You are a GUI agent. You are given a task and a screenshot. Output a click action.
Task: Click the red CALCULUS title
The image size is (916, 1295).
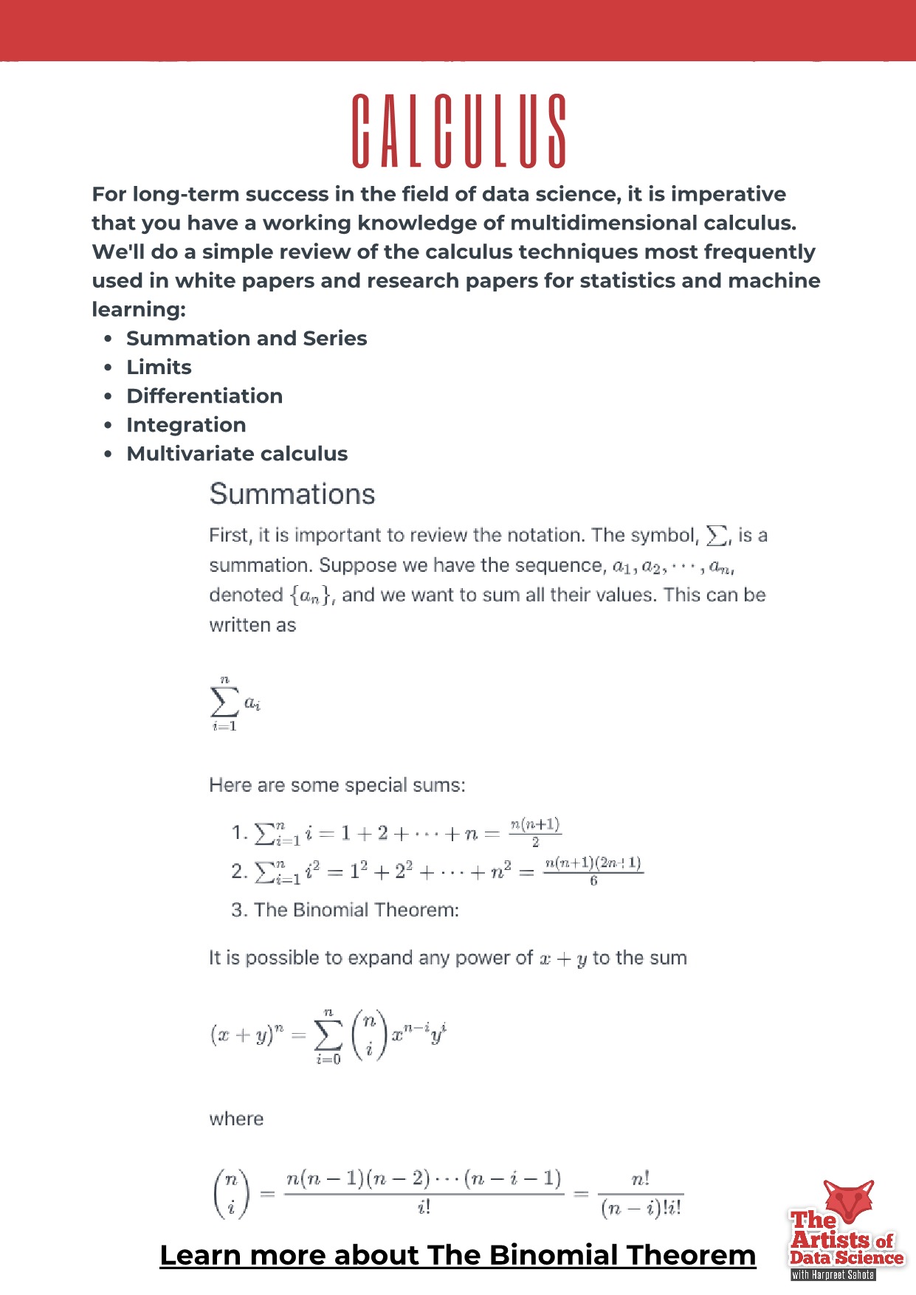(458, 131)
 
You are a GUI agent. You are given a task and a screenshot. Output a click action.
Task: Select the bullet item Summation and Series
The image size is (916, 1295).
(247, 339)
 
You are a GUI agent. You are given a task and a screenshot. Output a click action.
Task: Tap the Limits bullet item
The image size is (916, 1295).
(159, 367)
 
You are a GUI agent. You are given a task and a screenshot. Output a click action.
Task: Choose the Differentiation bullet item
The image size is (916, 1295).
(204, 396)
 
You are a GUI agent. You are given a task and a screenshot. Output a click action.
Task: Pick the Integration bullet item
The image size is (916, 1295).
(186, 425)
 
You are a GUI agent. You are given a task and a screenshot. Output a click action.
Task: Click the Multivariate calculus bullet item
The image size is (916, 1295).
(237, 454)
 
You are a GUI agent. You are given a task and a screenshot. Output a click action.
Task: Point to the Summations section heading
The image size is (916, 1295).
(292, 494)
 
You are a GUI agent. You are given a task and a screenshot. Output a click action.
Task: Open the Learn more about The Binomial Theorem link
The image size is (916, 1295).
(458, 1255)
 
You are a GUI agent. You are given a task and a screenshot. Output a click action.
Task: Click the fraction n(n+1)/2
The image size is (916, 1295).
(535, 832)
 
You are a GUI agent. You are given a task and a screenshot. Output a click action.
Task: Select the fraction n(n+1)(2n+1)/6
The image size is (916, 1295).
(593, 871)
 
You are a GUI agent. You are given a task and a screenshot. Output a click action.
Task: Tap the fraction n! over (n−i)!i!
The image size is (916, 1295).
(641, 1194)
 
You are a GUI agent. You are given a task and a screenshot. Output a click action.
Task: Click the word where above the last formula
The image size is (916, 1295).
(236, 1119)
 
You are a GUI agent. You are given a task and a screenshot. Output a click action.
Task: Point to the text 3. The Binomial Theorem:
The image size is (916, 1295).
(345, 910)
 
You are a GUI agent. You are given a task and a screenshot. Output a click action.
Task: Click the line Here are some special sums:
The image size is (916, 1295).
(337, 785)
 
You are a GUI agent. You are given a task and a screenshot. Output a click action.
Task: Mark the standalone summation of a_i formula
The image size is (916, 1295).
(235, 704)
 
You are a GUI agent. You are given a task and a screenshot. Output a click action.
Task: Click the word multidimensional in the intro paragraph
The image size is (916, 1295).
(603, 223)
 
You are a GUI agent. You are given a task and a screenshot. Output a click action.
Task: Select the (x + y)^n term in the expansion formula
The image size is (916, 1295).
(247, 1035)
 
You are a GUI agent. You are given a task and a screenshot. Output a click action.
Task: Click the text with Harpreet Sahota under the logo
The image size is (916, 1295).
(833, 1274)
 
